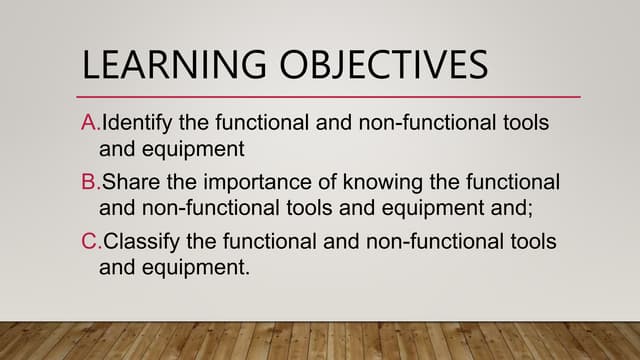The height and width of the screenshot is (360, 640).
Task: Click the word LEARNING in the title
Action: tap(171, 66)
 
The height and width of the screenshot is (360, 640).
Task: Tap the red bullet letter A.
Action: tap(88, 124)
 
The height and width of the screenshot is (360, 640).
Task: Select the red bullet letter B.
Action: tap(88, 184)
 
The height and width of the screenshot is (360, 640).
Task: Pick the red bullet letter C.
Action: tap(89, 243)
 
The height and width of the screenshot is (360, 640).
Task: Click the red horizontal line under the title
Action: tap(330, 97)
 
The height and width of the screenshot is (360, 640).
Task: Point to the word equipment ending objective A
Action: tap(190, 149)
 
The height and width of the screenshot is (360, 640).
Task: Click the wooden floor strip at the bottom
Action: tap(320, 341)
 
